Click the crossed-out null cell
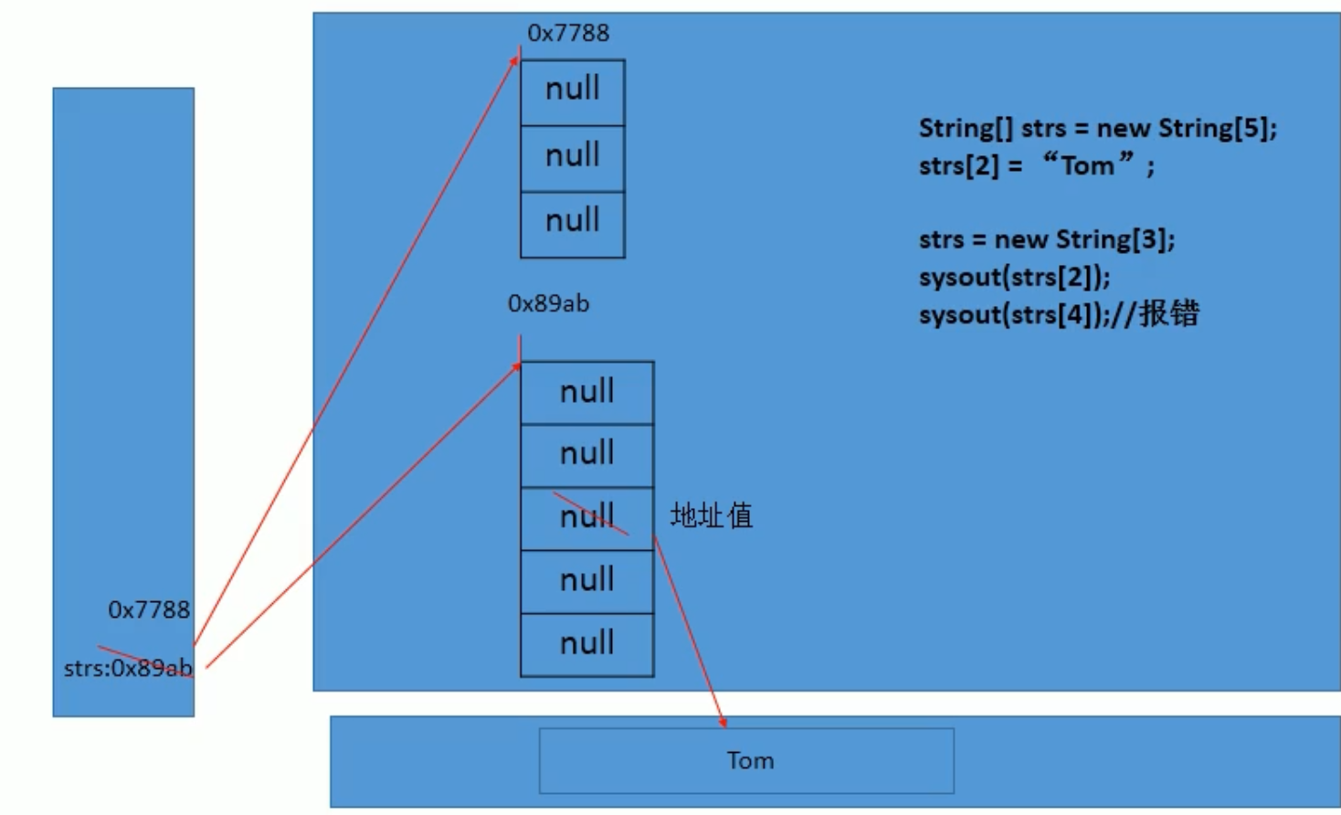(x=587, y=518)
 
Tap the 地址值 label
(x=712, y=515)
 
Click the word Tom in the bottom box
(x=750, y=760)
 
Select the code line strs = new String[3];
(x=1046, y=239)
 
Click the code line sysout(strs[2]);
(x=1014, y=277)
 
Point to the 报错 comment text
(x=1168, y=314)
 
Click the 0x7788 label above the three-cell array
(x=568, y=33)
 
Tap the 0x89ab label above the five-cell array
(x=548, y=303)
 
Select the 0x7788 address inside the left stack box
(x=149, y=609)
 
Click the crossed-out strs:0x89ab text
(x=128, y=668)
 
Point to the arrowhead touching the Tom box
(x=723, y=723)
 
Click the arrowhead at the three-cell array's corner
(x=515, y=60)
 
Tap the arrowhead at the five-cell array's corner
(x=516, y=366)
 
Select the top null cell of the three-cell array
(x=573, y=90)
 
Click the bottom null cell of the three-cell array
(x=573, y=221)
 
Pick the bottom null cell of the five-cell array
(x=587, y=643)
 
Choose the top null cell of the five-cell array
(x=587, y=392)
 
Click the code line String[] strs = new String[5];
(x=1097, y=128)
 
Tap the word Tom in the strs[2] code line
(x=1087, y=166)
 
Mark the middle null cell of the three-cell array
(x=573, y=156)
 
